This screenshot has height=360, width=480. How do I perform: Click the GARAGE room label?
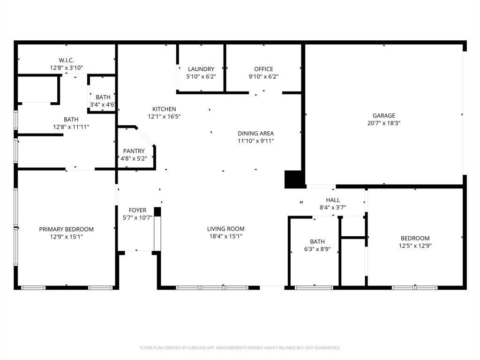pos(384,116)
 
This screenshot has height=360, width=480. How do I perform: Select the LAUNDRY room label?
pos(201,69)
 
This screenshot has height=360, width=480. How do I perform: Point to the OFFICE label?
pos(263,69)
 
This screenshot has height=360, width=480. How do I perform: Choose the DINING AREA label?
pos(255,133)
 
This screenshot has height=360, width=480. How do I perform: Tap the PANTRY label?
pos(134,151)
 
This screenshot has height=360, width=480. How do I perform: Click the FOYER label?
pos(137,210)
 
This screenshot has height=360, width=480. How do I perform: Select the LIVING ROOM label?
pos(226,229)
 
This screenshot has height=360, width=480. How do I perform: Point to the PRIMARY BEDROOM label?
pos(66,229)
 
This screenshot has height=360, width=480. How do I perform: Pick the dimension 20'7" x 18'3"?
pos(384,123)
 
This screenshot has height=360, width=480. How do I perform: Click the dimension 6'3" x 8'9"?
pos(317,249)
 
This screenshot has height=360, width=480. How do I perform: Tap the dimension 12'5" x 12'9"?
pos(414,246)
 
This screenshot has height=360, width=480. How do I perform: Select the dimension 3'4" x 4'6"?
pos(103,105)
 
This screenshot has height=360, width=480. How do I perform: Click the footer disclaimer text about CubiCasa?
pos(240,348)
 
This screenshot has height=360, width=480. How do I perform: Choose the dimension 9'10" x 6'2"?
pos(263,77)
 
